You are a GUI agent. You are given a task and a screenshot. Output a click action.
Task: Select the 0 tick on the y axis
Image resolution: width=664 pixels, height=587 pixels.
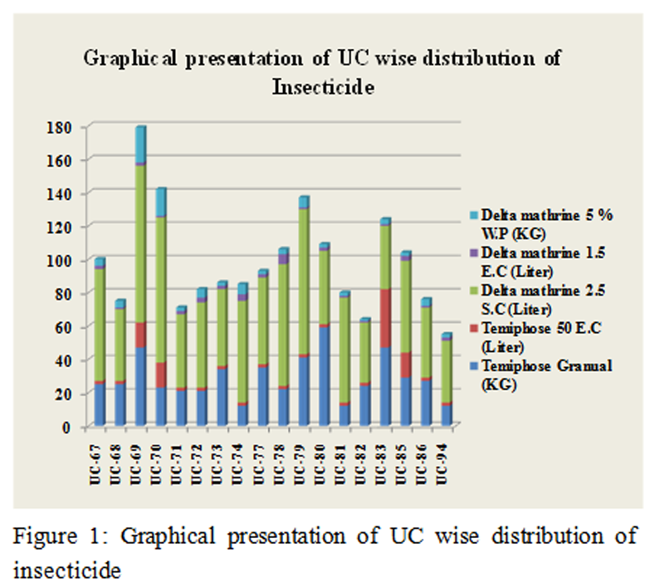(72, 427)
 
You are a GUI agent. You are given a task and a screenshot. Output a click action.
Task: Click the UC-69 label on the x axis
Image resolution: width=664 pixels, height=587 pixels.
(138, 457)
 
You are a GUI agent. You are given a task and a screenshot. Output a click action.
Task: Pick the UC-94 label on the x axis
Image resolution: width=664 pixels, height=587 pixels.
(447, 457)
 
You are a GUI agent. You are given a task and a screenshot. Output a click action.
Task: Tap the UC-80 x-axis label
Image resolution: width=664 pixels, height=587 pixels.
(325, 457)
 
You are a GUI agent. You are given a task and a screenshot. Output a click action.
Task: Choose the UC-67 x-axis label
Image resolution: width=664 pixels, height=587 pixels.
(98, 457)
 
